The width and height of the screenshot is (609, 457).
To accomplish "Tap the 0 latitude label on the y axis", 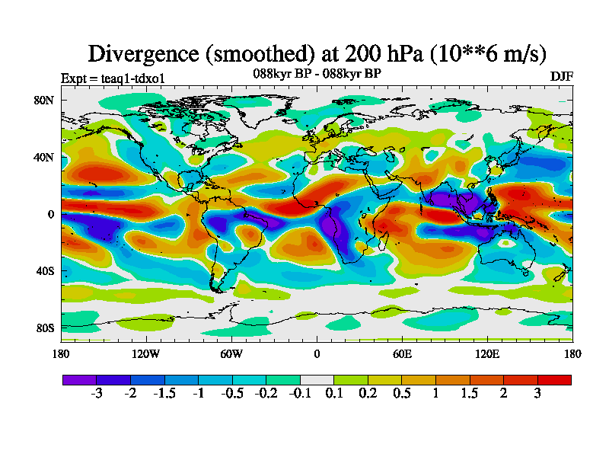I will pyautogui.click(x=49, y=214).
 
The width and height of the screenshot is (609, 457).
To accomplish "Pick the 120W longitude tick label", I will pyautogui.click(x=146, y=353).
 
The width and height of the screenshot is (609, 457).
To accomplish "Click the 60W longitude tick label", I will pyautogui.click(x=231, y=353).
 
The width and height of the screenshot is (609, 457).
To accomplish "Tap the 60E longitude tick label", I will pyautogui.click(x=402, y=353).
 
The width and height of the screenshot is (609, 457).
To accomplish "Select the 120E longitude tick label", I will pyautogui.click(x=487, y=353).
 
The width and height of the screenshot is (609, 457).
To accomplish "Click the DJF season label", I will pyautogui.click(x=562, y=77).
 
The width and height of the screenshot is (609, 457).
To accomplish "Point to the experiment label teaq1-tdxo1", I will pyautogui.click(x=113, y=78).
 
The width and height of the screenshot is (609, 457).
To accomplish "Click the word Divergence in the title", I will pyautogui.click(x=145, y=54).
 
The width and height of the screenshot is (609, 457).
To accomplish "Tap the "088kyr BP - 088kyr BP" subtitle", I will pyautogui.click(x=317, y=74).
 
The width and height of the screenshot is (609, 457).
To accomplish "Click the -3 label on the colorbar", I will pyautogui.click(x=96, y=394).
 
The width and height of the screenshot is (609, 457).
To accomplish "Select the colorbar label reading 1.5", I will pyautogui.click(x=470, y=394).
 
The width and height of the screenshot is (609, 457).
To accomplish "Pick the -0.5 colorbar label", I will pyautogui.click(x=231, y=394).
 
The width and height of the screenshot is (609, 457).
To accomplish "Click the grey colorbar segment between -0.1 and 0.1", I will pyautogui.click(x=317, y=379).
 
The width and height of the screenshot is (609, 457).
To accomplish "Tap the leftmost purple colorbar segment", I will pyautogui.click(x=79, y=379).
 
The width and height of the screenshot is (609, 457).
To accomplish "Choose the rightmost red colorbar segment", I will pyautogui.click(x=554, y=379).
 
